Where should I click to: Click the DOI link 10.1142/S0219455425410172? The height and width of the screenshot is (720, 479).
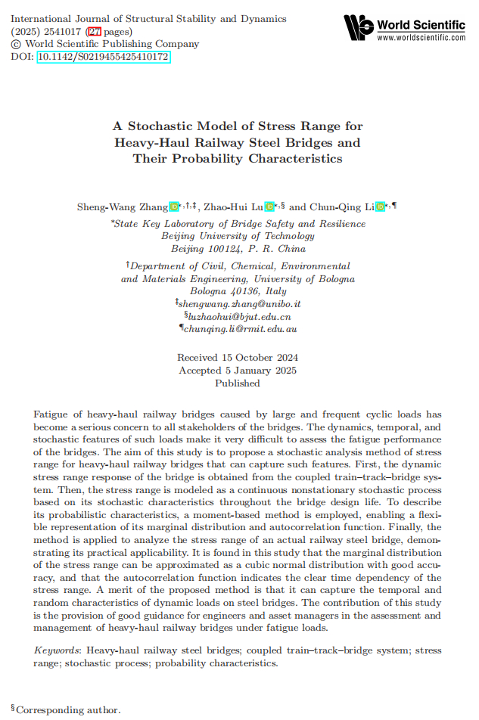click(x=103, y=57)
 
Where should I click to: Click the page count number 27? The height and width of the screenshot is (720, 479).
click(x=95, y=32)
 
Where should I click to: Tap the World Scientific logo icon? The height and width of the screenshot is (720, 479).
click(x=359, y=28)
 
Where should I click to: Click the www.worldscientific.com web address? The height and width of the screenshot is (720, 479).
click(x=421, y=37)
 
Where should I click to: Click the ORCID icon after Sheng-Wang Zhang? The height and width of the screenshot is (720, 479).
click(x=174, y=206)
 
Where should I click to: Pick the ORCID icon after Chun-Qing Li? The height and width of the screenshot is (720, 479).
click(x=380, y=206)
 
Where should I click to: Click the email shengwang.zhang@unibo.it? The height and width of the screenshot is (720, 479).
click(x=240, y=303)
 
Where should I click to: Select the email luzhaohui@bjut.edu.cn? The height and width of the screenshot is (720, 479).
click(x=240, y=316)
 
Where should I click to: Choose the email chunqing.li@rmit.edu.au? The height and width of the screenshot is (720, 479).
click(x=240, y=329)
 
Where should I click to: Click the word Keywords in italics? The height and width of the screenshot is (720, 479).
click(x=58, y=650)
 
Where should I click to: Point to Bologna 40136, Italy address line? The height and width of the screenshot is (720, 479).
click(x=238, y=291)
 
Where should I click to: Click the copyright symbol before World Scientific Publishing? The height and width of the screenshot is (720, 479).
click(x=17, y=44)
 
